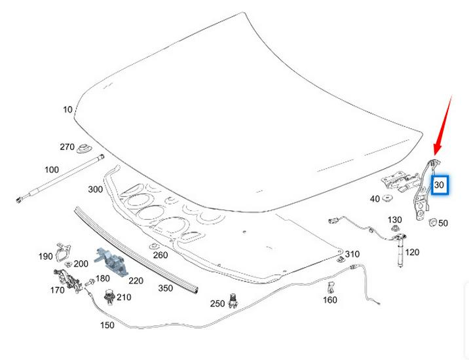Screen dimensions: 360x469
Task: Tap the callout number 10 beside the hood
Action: (67, 110)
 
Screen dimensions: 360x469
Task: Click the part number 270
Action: (67, 147)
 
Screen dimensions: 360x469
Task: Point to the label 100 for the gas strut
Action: (52, 170)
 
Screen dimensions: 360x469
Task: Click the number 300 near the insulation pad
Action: (95, 189)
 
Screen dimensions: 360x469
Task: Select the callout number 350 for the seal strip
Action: (166, 288)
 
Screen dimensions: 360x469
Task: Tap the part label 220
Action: (136, 281)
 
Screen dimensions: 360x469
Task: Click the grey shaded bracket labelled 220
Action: (109, 260)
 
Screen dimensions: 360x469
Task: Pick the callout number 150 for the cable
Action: (107, 325)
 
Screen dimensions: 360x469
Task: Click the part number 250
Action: (217, 304)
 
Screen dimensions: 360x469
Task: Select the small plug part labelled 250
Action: (233, 301)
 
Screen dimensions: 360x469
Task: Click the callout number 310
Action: (352, 254)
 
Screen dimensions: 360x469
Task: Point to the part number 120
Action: (412, 252)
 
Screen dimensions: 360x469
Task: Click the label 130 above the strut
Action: (395, 219)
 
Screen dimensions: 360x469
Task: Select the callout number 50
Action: (443, 223)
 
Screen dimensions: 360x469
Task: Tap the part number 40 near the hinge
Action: (375, 198)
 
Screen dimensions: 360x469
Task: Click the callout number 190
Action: (45, 256)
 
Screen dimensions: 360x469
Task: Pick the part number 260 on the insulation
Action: (160, 255)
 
